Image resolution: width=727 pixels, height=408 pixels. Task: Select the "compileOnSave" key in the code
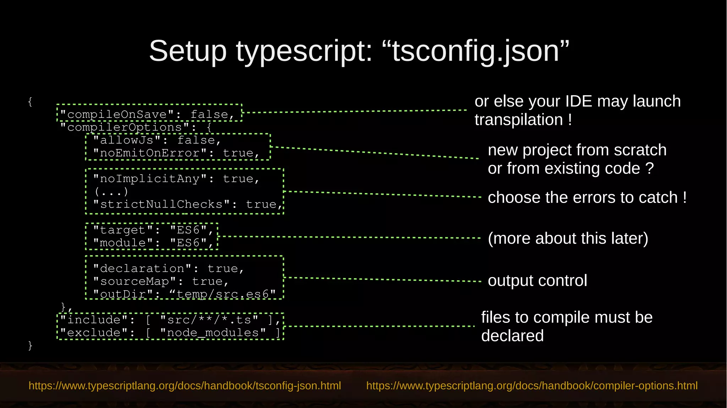(x=117, y=115)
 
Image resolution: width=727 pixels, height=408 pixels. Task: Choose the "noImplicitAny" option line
(x=176, y=179)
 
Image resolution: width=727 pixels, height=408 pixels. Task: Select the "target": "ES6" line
(x=153, y=230)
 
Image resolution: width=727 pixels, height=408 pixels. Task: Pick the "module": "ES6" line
(x=153, y=243)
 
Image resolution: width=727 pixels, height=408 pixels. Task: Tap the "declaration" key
(x=142, y=269)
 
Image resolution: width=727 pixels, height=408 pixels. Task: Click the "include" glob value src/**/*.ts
(x=209, y=320)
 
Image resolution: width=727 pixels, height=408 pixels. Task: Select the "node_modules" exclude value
(x=213, y=333)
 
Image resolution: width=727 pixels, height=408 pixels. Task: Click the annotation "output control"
(x=537, y=281)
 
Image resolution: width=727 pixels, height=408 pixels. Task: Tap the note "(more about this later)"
(x=568, y=238)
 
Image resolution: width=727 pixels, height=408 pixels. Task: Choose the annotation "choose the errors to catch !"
(x=587, y=198)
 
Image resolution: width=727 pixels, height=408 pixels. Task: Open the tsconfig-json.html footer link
(x=185, y=386)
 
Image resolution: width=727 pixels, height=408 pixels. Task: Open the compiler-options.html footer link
(x=532, y=386)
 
